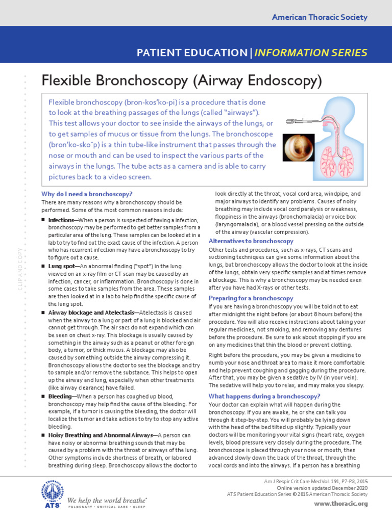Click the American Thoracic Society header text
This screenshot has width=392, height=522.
[x=320, y=17]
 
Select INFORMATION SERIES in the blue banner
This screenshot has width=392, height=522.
[x=311, y=53]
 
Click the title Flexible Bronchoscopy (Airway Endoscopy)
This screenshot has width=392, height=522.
[x=181, y=80]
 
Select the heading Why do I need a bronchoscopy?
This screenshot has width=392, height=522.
[x=87, y=194]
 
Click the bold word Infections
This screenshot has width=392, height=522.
[x=61, y=220]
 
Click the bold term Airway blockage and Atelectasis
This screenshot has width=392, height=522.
[x=91, y=312]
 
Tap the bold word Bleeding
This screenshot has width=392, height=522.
[x=60, y=396]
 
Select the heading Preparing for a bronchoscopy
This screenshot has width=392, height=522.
[x=251, y=298]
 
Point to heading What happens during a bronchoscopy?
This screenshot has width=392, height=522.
[x=264, y=396]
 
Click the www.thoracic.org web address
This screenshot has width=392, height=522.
[x=341, y=504]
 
